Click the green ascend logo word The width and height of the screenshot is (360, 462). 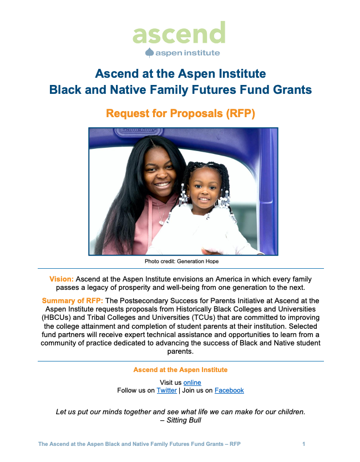click(x=179, y=33)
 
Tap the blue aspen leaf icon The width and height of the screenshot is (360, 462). click(x=150, y=52)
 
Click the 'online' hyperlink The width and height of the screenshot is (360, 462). click(x=192, y=383)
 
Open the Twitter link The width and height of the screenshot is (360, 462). click(x=166, y=390)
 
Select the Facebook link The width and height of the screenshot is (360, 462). click(x=229, y=390)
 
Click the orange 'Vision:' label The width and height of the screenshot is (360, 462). click(x=62, y=279)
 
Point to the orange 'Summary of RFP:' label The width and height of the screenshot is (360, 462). click(x=73, y=300)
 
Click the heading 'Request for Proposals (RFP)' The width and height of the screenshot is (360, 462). click(x=180, y=113)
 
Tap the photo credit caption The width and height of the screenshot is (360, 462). click(x=181, y=262)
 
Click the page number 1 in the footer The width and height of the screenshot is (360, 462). click(x=304, y=444)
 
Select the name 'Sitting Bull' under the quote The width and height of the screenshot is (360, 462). click(x=184, y=420)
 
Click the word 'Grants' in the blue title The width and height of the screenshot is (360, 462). click(x=292, y=89)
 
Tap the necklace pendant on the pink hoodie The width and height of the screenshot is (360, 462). click(x=161, y=222)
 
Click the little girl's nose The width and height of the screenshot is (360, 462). click(x=204, y=192)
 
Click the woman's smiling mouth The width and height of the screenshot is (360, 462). click(x=162, y=185)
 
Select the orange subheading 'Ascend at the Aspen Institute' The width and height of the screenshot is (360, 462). click(x=180, y=370)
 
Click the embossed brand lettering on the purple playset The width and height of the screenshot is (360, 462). click(x=139, y=130)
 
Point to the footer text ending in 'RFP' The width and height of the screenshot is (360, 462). click(x=140, y=444)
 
